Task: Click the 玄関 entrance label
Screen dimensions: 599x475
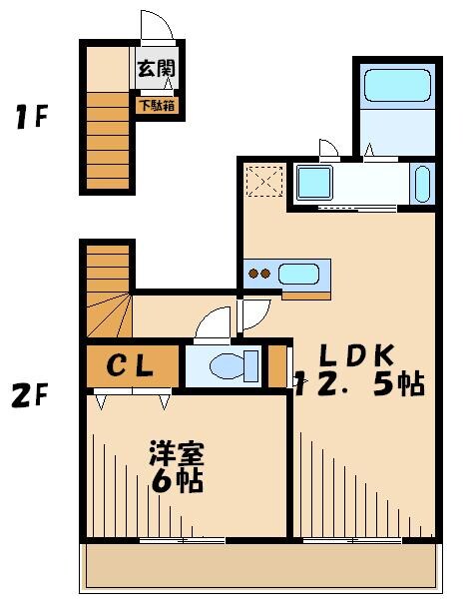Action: [156, 69]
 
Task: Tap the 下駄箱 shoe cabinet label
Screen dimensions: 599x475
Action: [158, 103]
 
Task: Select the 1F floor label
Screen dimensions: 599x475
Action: [30, 120]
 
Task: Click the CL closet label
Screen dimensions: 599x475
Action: [131, 366]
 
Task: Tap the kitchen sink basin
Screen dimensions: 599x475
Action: [299, 273]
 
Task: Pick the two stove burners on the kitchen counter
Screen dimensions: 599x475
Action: [259, 273]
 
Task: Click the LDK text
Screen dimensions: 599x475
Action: [358, 355]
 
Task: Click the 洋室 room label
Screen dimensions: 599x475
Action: [178, 455]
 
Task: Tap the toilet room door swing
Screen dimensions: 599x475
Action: [214, 325]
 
